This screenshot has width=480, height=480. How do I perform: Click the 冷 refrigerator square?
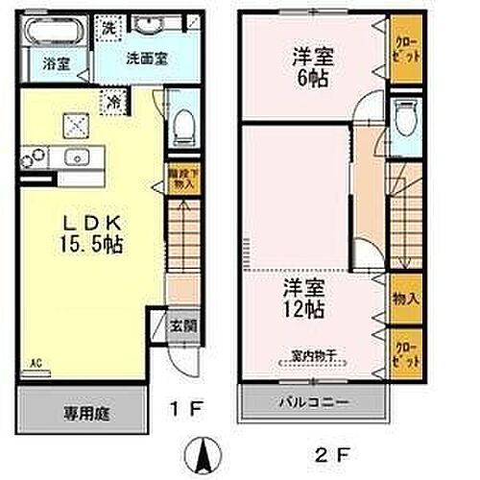coord(113,97)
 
